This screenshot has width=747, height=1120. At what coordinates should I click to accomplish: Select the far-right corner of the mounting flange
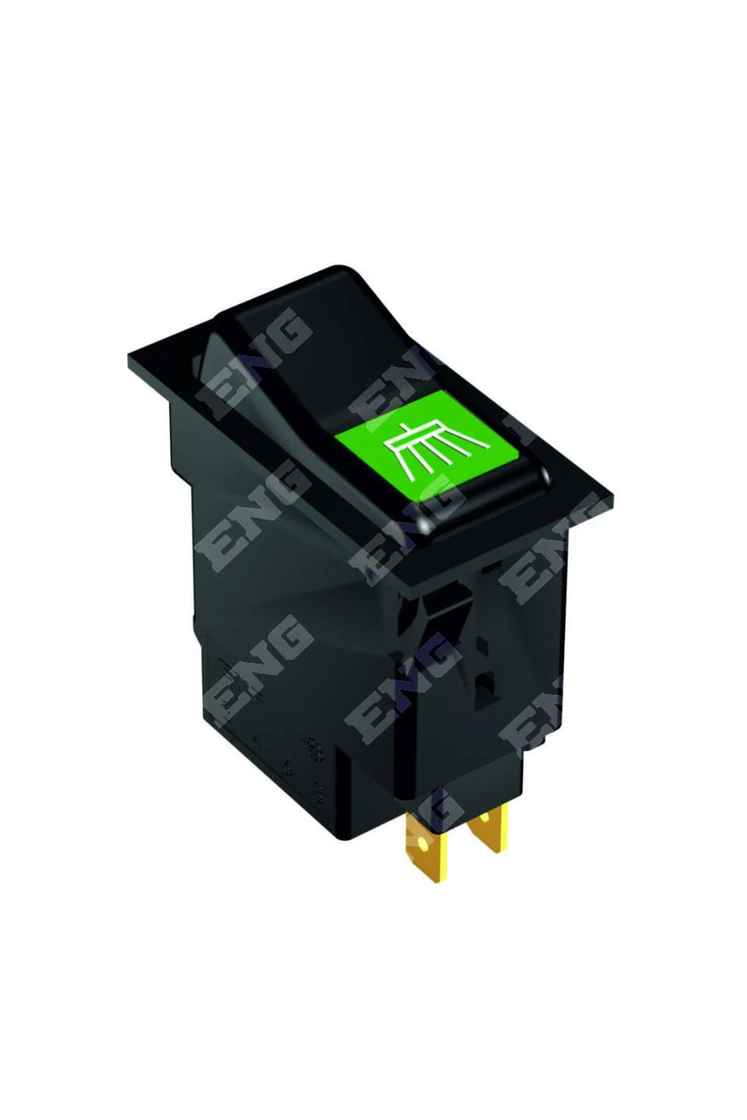tap(613, 498)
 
